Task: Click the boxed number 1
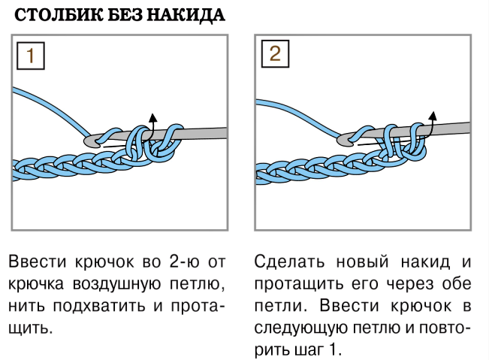(31, 56)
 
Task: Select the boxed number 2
(275, 53)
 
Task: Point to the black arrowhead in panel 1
(152, 117)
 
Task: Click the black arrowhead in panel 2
(433, 116)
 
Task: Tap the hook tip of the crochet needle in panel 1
(90, 141)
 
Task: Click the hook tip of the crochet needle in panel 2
(344, 140)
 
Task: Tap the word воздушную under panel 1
(117, 285)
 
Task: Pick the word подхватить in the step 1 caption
(99, 307)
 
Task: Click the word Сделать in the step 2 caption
(289, 262)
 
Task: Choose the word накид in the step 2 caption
(425, 262)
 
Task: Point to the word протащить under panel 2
(299, 285)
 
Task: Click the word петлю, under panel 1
(197, 285)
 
